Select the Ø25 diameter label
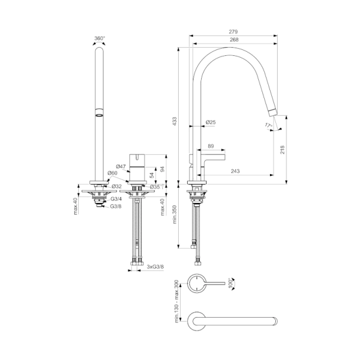211,122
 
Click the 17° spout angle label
268,126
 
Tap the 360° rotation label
100,39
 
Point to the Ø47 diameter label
121,166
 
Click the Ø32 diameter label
116,186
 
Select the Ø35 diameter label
154,186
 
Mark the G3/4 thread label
116,200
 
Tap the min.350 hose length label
175,215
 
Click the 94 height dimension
163,169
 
